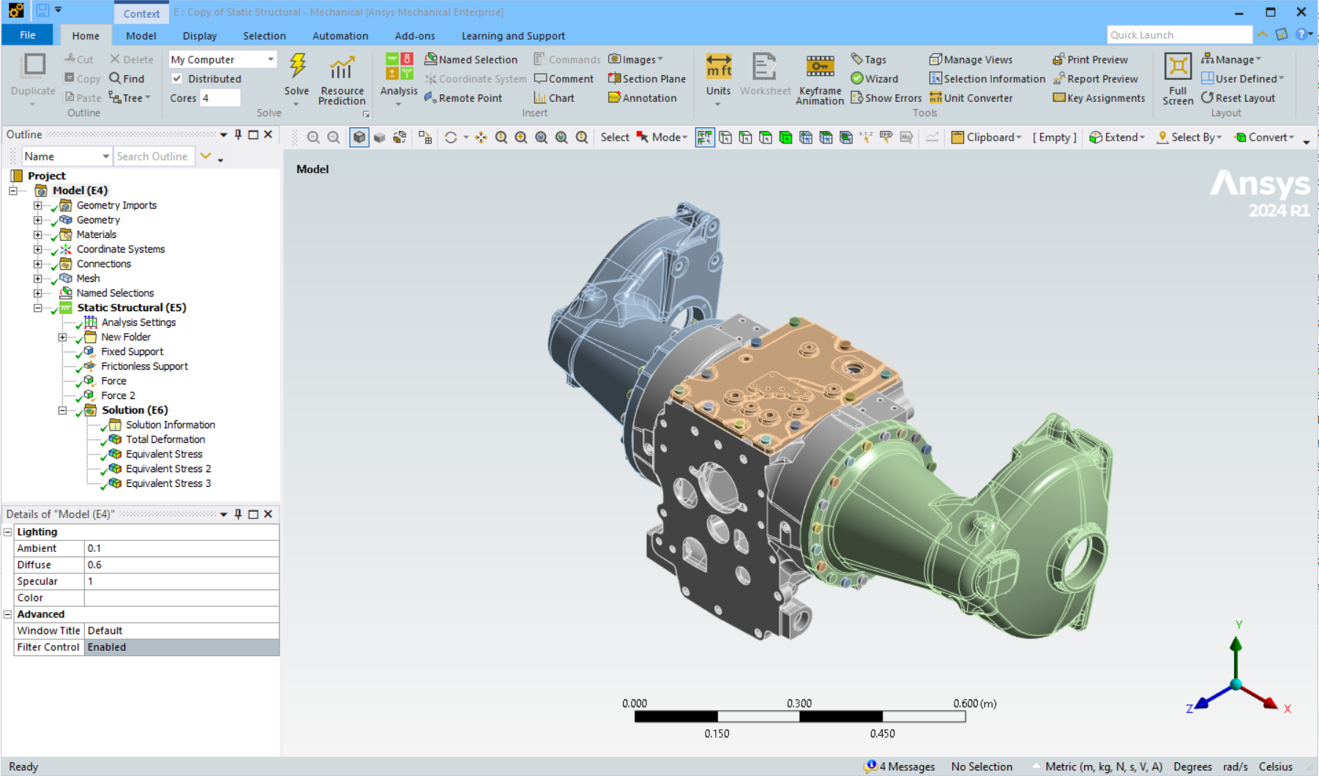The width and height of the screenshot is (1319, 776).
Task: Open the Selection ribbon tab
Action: click(x=264, y=36)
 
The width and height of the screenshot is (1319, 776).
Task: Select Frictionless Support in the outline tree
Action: click(x=144, y=366)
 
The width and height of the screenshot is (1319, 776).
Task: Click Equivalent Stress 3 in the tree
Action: click(x=168, y=483)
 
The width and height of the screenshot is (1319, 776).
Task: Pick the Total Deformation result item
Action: click(x=165, y=439)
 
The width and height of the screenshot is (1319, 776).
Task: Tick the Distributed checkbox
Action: click(x=177, y=78)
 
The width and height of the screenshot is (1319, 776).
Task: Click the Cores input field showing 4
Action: click(x=220, y=98)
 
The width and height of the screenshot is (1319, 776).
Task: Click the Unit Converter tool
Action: click(x=971, y=98)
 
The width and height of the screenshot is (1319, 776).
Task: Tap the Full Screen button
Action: click(x=1178, y=78)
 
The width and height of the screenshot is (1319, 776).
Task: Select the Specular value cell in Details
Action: click(x=181, y=581)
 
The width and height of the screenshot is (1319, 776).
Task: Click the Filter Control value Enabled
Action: click(x=181, y=647)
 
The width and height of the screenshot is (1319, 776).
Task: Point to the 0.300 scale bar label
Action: click(x=799, y=704)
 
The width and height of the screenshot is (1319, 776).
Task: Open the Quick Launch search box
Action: click(x=1178, y=35)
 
